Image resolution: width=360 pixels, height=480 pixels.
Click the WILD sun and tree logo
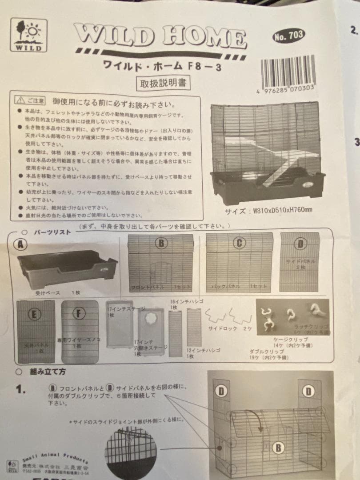pos(28,35)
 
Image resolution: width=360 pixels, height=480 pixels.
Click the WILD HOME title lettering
pos(160,37)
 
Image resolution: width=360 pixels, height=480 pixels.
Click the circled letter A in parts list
pos(21,244)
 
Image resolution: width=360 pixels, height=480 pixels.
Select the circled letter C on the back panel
pos(239,243)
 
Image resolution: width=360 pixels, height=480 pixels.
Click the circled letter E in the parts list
pos(35,314)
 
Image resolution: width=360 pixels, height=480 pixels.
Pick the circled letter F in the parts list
pos(79,313)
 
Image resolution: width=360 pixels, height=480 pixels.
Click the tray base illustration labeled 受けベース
pos(67,269)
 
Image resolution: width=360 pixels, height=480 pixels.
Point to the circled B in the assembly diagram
pos(278,448)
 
